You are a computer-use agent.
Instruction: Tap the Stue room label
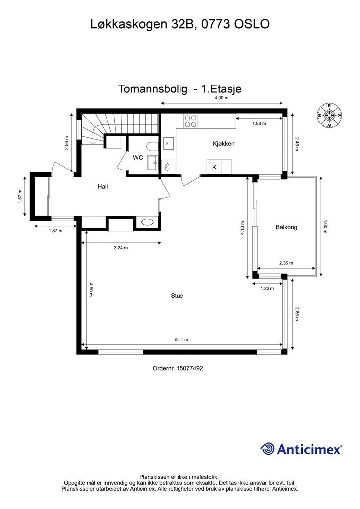pos(177,296)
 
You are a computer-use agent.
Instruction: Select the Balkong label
pos(286,227)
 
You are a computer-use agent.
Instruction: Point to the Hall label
pos(103,187)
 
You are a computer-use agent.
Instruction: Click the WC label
pos(138,158)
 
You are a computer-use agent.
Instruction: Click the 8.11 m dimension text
pos(181,340)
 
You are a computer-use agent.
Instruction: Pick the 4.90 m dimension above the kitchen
pos(221,98)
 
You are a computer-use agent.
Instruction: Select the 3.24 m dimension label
pos(121,248)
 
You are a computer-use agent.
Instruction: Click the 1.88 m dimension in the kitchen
pos(259,123)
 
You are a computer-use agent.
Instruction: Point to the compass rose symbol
pos(329,115)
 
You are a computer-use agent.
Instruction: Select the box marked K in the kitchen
pos(214,167)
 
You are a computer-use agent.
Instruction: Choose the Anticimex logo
pos(301,449)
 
